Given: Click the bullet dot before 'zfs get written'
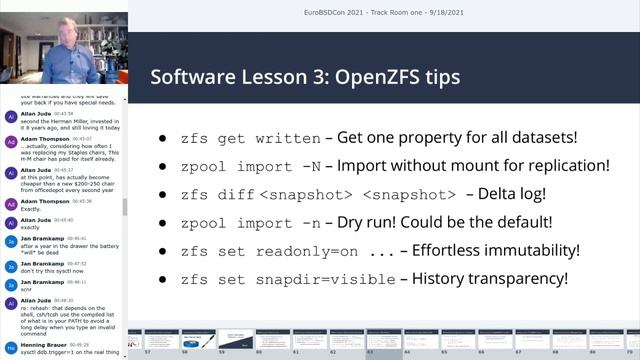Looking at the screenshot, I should (164, 139).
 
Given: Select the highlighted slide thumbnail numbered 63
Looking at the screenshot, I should (384, 341).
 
